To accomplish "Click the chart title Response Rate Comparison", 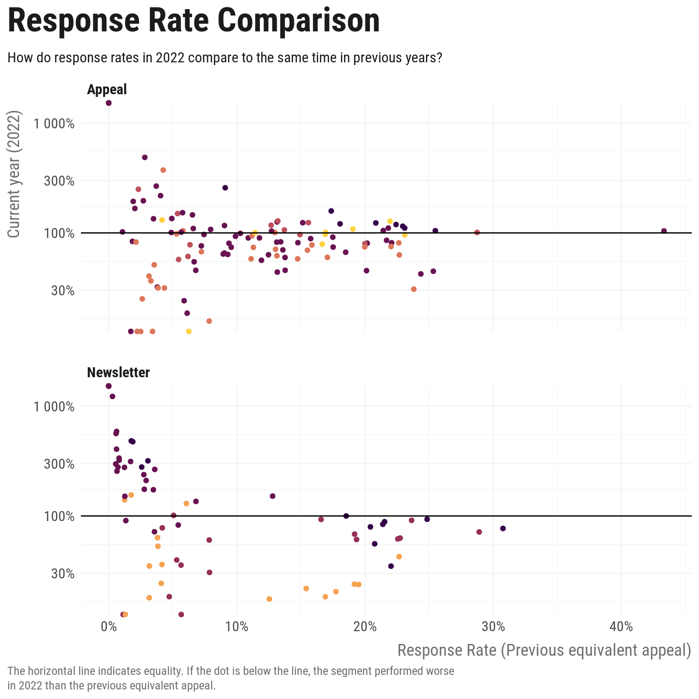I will pos(194,21).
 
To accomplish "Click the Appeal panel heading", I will pos(107,89).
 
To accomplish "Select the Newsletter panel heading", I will pos(118,372).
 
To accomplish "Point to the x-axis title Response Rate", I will pos(544,650).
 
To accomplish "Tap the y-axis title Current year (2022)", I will pos(15,174).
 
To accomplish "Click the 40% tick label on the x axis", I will pos(621,627).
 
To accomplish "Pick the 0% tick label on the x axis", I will pos(108,627).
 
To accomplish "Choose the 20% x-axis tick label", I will pos(365,627).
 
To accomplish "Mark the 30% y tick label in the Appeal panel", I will pos(63,290).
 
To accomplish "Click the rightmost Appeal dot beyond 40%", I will pos(664,231).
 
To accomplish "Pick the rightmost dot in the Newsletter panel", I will pos(503,528).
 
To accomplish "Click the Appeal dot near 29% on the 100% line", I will pos(477,233).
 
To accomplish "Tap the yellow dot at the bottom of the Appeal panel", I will pos(189,331).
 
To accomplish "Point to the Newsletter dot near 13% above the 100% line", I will pos(273,496).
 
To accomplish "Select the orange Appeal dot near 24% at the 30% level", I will pos(414,289).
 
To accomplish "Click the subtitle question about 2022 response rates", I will pos(225,58).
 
